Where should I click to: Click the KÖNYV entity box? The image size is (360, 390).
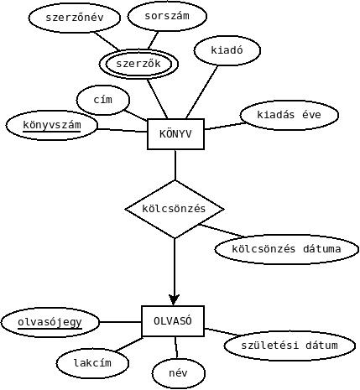tap(175, 134)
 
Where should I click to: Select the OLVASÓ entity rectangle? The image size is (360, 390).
tap(173, 321)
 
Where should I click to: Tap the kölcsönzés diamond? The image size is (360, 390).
tap(175, 209)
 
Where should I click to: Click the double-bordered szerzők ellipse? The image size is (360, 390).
tap(138, 64)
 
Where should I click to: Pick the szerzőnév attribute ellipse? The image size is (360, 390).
tap(75, 18)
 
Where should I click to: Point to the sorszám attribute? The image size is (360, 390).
tap(167, 16)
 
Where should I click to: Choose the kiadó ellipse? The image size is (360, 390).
tap(227, 50)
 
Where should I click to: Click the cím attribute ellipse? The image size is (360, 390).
tap(103, 100)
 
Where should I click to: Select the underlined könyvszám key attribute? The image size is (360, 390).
tap(52, 125)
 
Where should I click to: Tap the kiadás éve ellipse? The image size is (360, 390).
tap(290, 115)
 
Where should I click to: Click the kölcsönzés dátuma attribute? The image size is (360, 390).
tap(286, 249)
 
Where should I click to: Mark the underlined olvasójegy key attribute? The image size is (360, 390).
tap(50, 322)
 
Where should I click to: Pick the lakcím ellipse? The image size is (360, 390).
tap(92, 363)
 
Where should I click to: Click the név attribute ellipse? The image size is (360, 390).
tap(179, 373)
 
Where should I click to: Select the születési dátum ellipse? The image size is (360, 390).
tap(290, 346)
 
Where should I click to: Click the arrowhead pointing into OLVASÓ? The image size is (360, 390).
tap(174, 300)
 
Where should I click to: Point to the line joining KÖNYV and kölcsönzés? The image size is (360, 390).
tap(175, 165)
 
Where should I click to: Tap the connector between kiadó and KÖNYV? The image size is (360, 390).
tap(201, 92)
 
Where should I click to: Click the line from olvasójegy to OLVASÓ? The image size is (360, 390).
tap(121, 322)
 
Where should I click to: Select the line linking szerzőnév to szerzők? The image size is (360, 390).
tap(107, 42)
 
